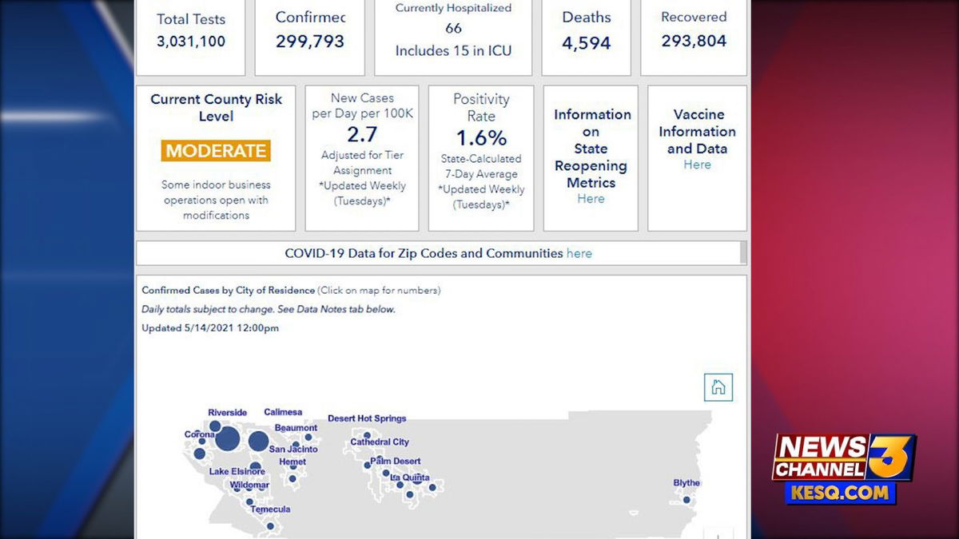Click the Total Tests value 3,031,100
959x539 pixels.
[191, 42]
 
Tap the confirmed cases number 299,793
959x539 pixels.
[310, 42]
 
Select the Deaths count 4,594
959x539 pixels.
[586, 43]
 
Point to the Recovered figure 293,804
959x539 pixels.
[694, 41]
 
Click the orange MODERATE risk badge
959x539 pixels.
[216, 151]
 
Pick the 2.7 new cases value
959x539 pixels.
[362, 134]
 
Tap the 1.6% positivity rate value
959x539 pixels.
[481, 137]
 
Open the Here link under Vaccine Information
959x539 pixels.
[697, 164]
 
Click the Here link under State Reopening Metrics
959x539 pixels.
[591, 199]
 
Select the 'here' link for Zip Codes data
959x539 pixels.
[579, 253]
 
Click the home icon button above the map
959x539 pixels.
[718, 387]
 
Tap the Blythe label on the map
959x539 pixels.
[686, 483]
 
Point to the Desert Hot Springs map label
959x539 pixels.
[367, 418]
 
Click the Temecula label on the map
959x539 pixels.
[271, 509]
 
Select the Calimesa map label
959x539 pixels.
[283, 412]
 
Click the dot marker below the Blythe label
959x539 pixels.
[686, 500]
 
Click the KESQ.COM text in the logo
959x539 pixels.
[840, 493]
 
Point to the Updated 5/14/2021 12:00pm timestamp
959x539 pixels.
[210, 328]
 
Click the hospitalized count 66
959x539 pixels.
[453, 28]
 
